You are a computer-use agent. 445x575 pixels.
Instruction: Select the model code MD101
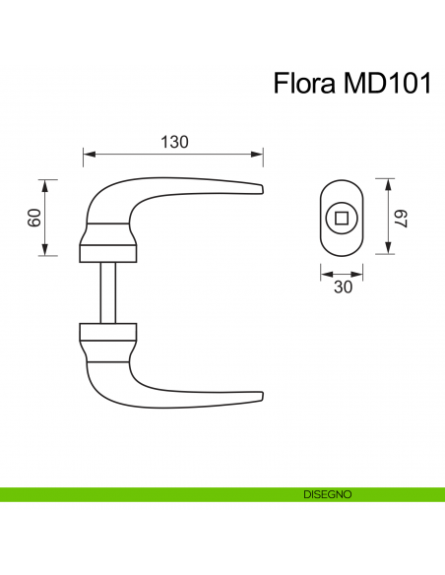coord(383,84)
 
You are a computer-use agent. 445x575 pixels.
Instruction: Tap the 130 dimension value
coord(174,142)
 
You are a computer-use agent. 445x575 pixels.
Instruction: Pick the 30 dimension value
coord(343,287)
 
